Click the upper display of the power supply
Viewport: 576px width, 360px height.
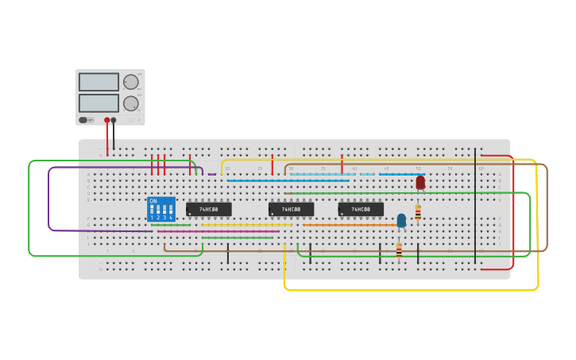point(99,82)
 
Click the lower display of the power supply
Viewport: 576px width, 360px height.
point(99,103)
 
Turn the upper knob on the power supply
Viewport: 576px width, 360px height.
point(131,82)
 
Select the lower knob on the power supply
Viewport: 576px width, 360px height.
point(131,103)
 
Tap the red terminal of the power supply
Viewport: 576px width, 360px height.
point(106,121)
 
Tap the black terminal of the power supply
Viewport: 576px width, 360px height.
point(114,121)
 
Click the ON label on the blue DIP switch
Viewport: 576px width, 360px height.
point(153,201)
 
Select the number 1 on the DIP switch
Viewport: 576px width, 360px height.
point(152,217)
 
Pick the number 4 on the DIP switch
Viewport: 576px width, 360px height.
point(171,217)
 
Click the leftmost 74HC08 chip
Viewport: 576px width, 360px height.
point(209,209)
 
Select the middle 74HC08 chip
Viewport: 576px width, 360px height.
point(291,209)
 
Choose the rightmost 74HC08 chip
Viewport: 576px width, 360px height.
point(361,209)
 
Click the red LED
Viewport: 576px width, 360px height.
point(420,182)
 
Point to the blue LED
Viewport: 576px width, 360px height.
point(401,219)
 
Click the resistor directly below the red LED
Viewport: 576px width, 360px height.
point(418,213)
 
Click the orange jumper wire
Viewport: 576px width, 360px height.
point(350,225)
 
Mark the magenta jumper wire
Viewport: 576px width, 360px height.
point(215,231)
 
